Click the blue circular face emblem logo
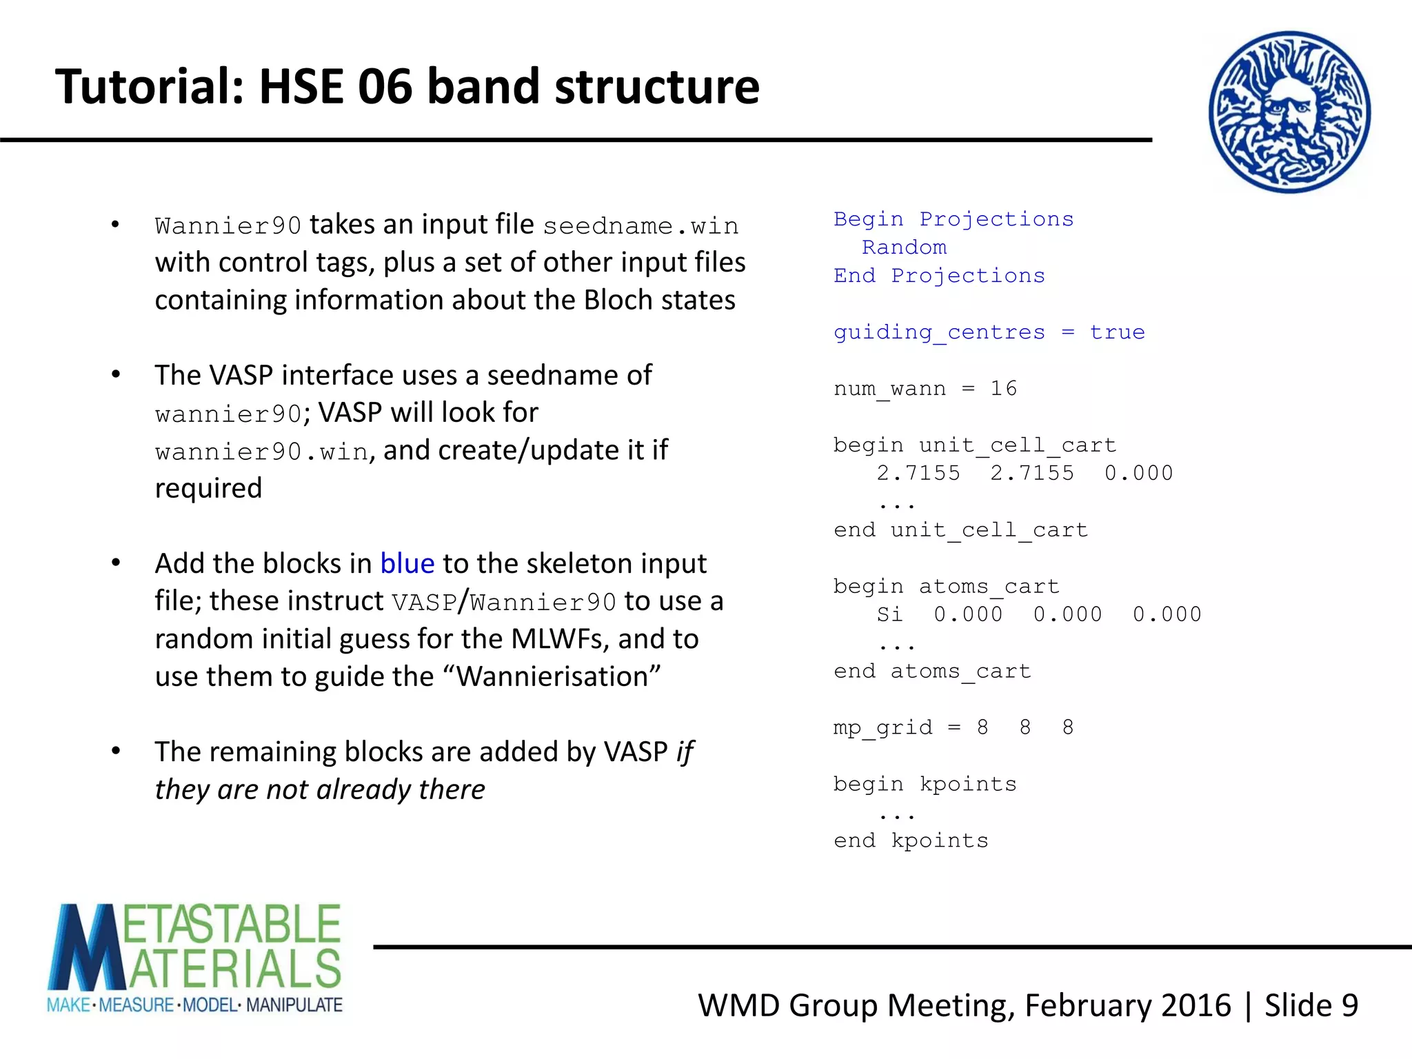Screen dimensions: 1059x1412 point(1289,112)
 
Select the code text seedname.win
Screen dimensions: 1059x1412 point(641,226)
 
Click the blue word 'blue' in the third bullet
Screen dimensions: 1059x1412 point(407,564)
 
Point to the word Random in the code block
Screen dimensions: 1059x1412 point(904,248)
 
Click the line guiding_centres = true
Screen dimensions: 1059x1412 point(989,332)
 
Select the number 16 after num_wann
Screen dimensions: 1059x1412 point(1003,389)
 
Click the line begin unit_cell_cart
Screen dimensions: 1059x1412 point(974,445)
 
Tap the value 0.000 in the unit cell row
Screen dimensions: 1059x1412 point(1138,474)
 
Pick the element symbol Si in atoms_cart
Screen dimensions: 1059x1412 point(889,614)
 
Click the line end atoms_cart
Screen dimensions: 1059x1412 point(932,671)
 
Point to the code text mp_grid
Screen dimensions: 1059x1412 point(882,728)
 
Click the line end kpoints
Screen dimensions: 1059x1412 point(911,840)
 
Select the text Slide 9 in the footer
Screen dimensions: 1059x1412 point(1311,1005)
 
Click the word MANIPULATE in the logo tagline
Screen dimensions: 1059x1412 point(294,1005)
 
